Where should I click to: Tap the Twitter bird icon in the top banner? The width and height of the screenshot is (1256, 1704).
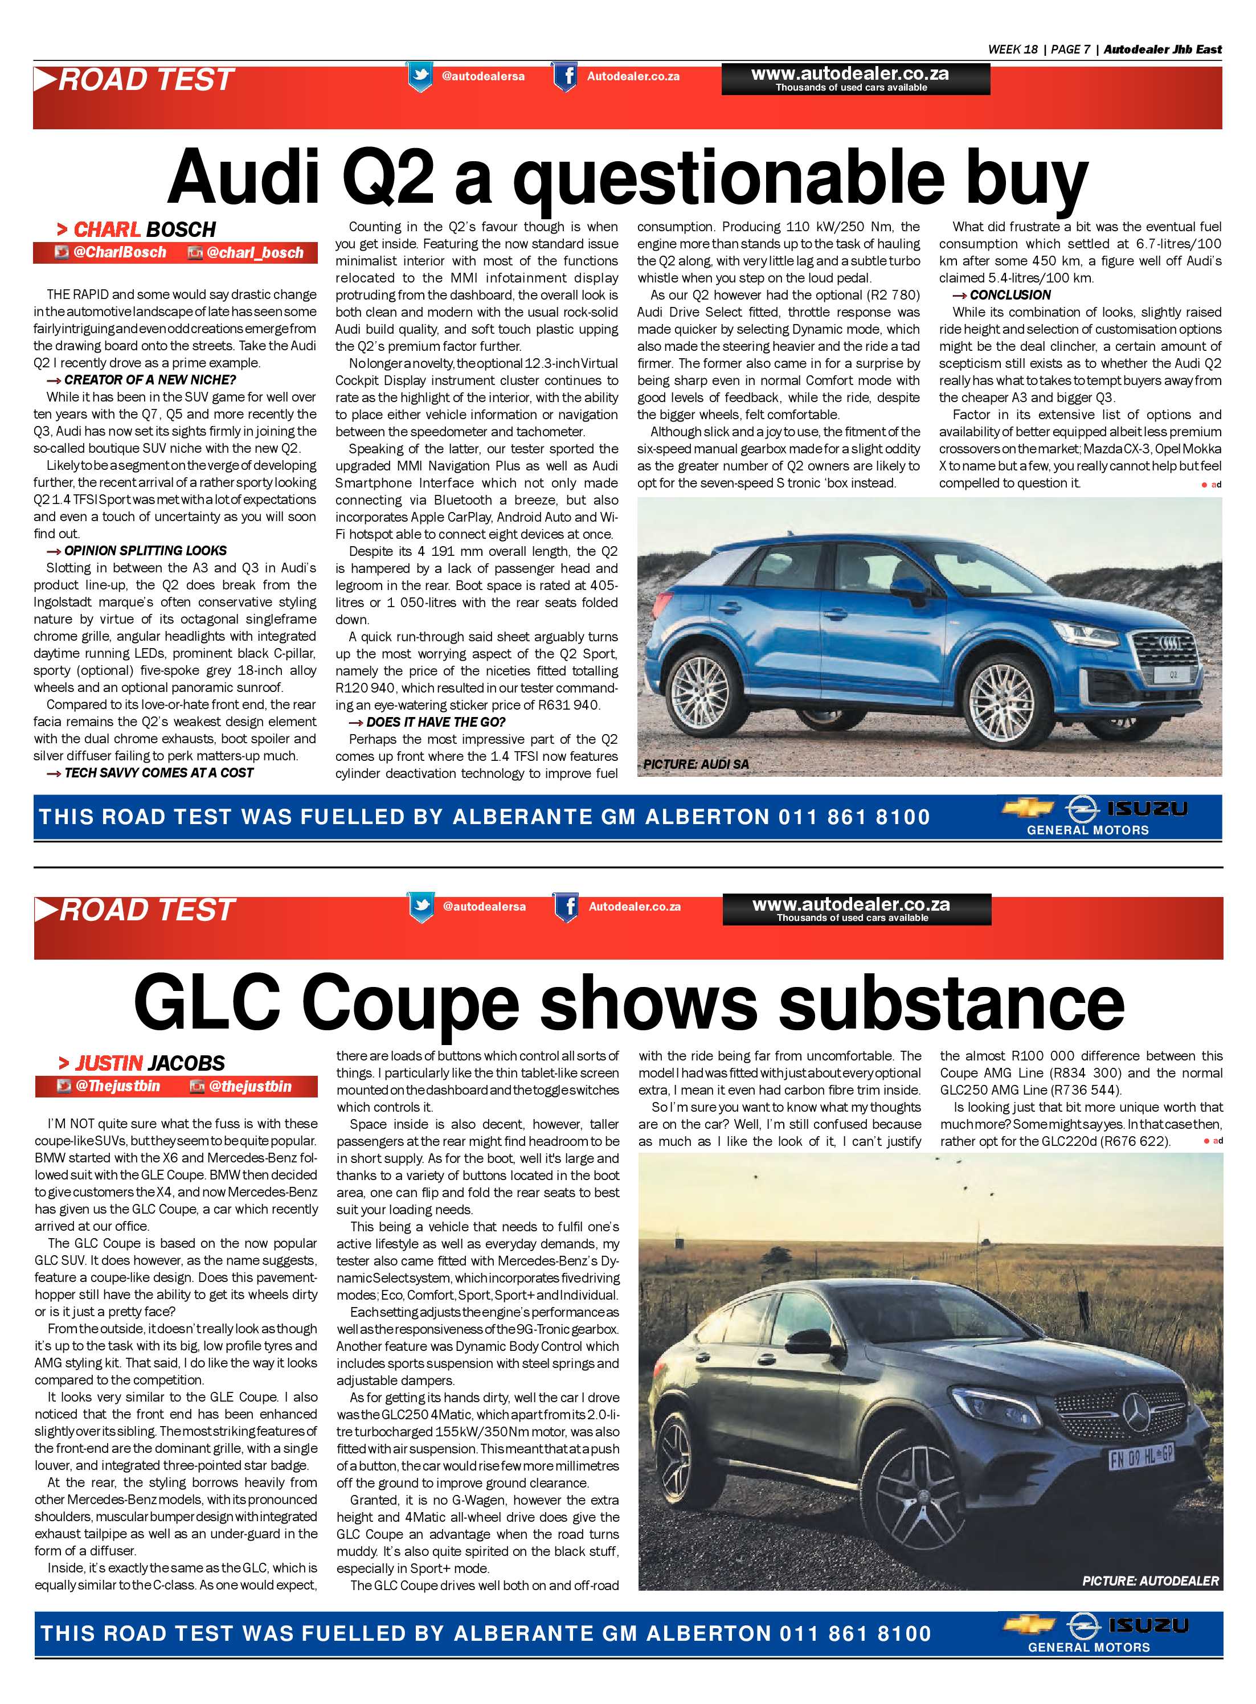(420, 77)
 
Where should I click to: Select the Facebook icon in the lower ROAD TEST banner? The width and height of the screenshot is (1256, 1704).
(566, 907)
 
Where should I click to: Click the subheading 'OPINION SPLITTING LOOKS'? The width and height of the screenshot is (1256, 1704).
(145, 550)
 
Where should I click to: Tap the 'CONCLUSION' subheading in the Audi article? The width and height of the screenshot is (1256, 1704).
(1010, 295)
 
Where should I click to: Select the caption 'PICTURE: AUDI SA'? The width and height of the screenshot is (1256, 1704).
(695, 764)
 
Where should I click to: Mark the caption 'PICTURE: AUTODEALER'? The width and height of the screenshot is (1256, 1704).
(1149, 1581)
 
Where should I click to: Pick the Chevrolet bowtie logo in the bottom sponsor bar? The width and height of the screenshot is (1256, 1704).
(1029, 1627)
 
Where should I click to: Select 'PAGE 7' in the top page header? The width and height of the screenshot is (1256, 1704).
(1070, 50)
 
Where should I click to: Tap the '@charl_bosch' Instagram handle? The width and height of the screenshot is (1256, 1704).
(255, 253)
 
